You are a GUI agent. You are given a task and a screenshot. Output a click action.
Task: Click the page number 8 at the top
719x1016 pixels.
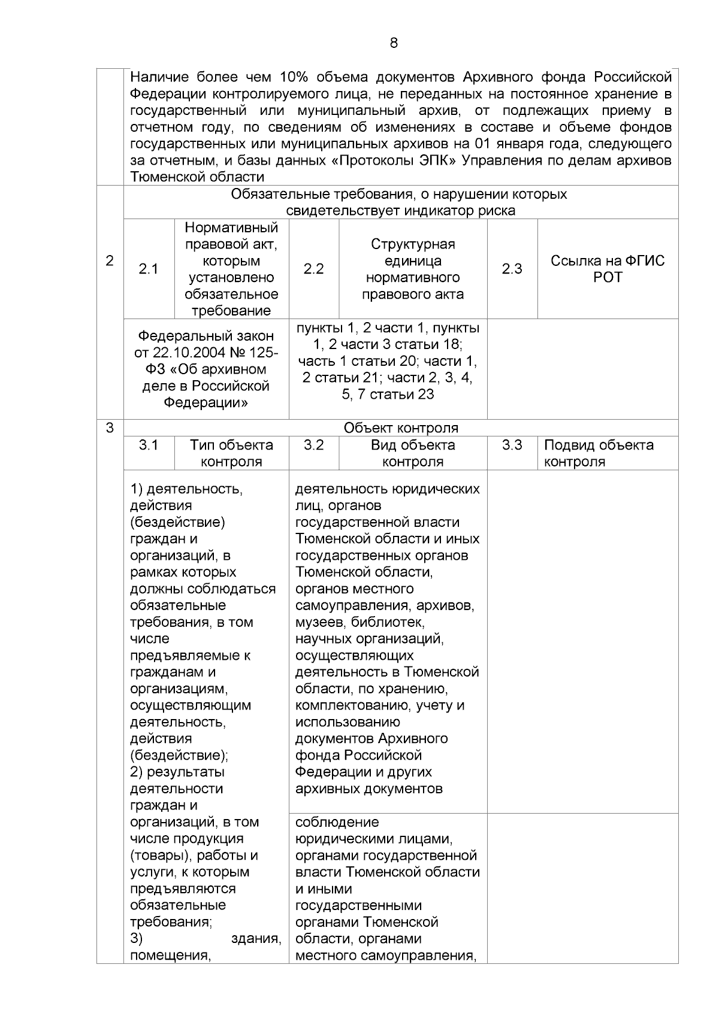(x=393, y=43)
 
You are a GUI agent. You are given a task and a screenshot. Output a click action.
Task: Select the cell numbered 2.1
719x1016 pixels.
(x=149, y=269)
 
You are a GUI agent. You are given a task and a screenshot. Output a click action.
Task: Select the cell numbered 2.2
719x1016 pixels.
(x=313, y=269)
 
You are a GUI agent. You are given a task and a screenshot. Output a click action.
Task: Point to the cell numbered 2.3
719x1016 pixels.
(x=512, y=269)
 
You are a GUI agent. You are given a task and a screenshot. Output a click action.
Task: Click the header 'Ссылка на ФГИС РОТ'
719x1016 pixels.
(x=608, y=269)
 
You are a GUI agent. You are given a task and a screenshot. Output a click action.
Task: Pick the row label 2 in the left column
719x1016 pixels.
(x=110, y=260)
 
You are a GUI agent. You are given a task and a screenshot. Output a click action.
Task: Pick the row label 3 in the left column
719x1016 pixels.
(x=110, y=428)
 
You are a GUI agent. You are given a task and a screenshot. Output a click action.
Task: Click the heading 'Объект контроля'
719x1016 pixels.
(x=400, y=428)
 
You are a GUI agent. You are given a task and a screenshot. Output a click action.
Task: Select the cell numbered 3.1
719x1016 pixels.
(x=149, y=445)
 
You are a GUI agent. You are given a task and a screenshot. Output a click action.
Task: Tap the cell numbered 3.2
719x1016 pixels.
(x=313, y=445)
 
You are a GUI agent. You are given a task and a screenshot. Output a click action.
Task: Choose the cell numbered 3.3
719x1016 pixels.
(x=512, y=445)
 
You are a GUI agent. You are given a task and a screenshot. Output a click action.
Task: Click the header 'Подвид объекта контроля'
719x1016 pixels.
(x=598, y=453)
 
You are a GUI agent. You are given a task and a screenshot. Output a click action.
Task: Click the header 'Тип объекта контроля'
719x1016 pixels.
(x=231, y=453)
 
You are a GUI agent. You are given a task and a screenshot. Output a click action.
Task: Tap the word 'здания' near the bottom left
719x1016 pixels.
(x=256, y=939)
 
